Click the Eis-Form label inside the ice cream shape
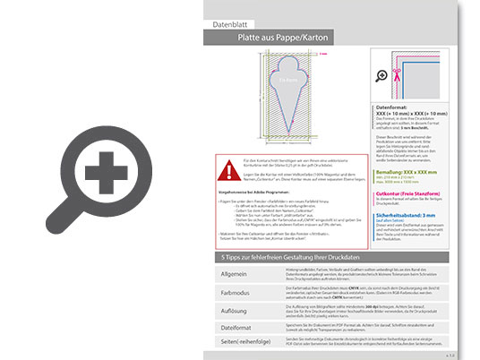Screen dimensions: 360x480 point(287,80)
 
